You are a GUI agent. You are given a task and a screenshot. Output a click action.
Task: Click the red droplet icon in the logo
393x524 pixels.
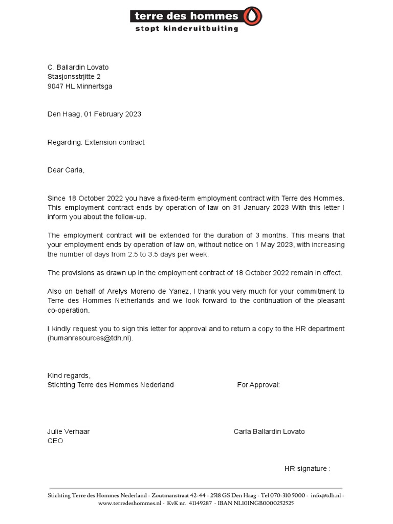point(253,16)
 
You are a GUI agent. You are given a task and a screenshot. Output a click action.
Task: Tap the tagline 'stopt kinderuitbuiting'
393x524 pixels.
point(186,29)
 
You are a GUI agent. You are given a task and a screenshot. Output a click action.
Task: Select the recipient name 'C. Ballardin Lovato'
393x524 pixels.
point(78,67)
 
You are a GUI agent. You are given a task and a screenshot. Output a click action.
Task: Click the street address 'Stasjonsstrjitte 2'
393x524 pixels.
point(74,77)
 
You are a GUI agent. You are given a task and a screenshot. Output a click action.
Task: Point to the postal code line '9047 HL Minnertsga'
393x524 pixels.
point(80,86)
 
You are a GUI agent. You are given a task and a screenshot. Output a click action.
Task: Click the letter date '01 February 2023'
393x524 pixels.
point(116,114)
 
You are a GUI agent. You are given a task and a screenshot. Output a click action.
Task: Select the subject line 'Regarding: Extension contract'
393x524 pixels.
point(96,142)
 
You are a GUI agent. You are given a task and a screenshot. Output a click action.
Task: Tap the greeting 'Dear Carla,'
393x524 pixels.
point(66,170)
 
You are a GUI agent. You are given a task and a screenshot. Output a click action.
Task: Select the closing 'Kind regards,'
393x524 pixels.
point(69,376)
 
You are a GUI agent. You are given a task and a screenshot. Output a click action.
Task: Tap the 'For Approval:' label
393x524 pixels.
point(258,385)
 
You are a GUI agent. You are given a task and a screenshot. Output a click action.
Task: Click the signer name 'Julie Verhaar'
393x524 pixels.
point(69,431)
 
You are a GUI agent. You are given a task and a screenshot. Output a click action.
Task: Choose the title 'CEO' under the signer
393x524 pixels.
point(55,441)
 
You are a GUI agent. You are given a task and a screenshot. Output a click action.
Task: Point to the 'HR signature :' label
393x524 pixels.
point(307,469)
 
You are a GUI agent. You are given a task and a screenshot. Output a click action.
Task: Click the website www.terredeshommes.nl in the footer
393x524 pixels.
point(130,504)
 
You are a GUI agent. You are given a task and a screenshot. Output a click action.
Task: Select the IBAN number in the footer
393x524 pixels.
point(256,504)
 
